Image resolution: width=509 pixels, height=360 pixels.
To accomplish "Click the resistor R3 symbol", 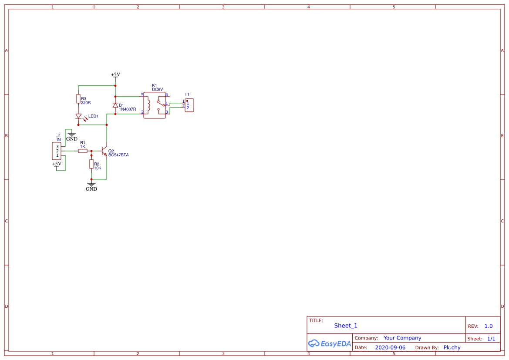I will point(78,99).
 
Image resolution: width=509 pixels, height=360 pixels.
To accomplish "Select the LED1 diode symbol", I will point(78,116).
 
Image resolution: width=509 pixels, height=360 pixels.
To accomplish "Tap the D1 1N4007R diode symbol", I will point(115,105).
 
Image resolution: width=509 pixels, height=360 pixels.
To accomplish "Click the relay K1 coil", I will point(149,104).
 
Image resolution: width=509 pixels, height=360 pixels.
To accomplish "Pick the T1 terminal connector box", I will point(189,105).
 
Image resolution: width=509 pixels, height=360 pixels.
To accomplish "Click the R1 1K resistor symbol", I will point(82,151).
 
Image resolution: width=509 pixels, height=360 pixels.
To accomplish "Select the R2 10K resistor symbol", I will point(91,164).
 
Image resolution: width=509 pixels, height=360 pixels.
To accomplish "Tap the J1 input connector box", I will point(57,151).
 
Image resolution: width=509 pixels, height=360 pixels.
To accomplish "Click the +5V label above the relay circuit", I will point(115,74).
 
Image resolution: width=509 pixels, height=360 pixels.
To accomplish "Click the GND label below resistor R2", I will point(91,189).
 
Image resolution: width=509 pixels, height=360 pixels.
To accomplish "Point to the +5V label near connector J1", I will point(57,164).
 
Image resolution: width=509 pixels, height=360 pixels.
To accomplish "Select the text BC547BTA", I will point(118,155).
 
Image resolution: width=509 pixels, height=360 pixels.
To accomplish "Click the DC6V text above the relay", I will point(157,90).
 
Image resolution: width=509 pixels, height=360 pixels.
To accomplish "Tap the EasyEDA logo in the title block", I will point(329,343).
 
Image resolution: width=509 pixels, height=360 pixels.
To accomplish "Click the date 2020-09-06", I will point(390,347).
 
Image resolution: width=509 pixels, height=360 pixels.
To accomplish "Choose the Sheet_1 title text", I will point(346,326).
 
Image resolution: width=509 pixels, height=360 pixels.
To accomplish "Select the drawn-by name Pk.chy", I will point(452,347).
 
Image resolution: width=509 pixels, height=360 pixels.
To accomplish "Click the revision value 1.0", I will point(489,326).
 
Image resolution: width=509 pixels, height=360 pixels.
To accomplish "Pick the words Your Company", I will point(402,338).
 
